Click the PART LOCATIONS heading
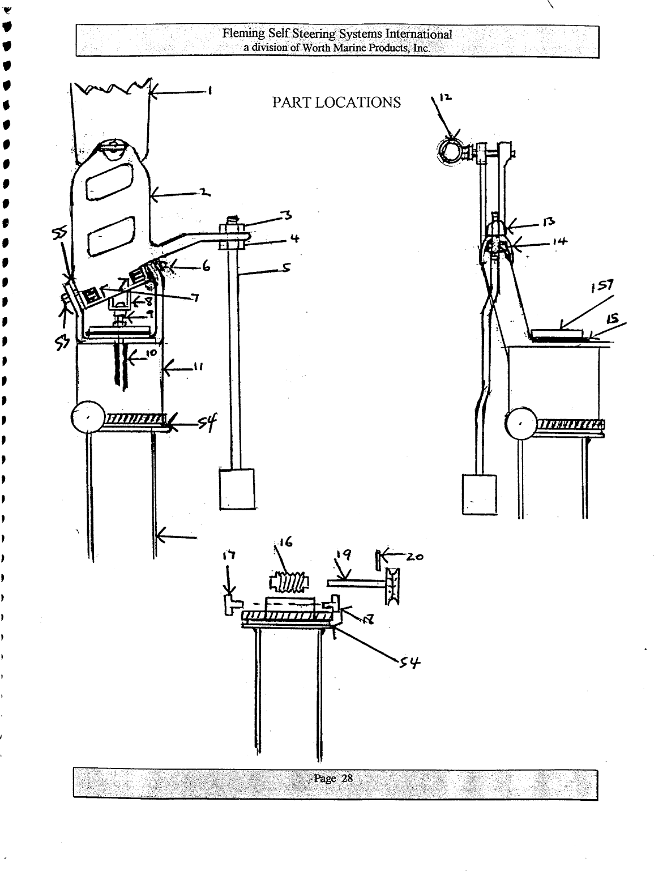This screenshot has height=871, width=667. (336, 103)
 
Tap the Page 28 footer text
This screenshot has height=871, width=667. (333, 778)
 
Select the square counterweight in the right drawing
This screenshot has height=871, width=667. (478, 494)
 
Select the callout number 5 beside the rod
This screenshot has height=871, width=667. (286, 268)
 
